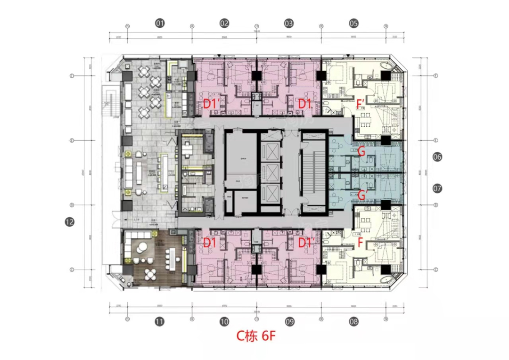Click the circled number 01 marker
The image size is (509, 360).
(x=160, y=23)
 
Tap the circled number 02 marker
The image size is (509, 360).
(x=224, y=23)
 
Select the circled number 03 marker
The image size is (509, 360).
(x=289, y=23)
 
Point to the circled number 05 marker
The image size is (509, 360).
(x=353, y=23)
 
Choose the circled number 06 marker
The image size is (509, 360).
(x=437, y=157)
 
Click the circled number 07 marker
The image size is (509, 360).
(x=437, y=188)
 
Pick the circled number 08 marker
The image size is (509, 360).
(x=353, y=322)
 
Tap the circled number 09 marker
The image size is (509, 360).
(x=289, y=322)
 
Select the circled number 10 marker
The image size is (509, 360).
(x=224, y=322)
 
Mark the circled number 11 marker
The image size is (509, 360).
(x=160, y=322)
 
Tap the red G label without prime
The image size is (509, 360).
(x=361, y=152)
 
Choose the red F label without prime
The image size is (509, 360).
(x=360, y=244)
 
